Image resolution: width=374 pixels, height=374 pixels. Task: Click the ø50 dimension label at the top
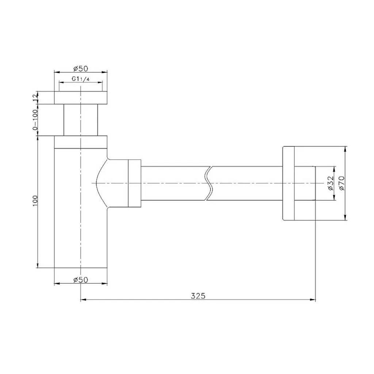tap(81, 68)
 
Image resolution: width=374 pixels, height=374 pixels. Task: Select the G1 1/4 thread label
tap(81, 79)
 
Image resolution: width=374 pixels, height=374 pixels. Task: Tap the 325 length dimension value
tap(198, 296)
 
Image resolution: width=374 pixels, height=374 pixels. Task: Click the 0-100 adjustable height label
tap(35, 119)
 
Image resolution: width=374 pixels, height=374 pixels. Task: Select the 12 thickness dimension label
tap(35, 97)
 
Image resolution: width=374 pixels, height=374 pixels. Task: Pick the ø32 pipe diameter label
tap(329, 183)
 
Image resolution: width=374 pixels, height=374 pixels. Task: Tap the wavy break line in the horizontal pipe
tap(209, 183)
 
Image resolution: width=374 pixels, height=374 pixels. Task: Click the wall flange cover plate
tap(289, 183)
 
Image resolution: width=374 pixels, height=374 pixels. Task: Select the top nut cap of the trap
tap(81, 98)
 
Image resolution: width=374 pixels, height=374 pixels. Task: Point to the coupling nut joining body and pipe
tap(134, 183)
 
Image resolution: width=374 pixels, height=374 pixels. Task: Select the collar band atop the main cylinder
tap(81, 142)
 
